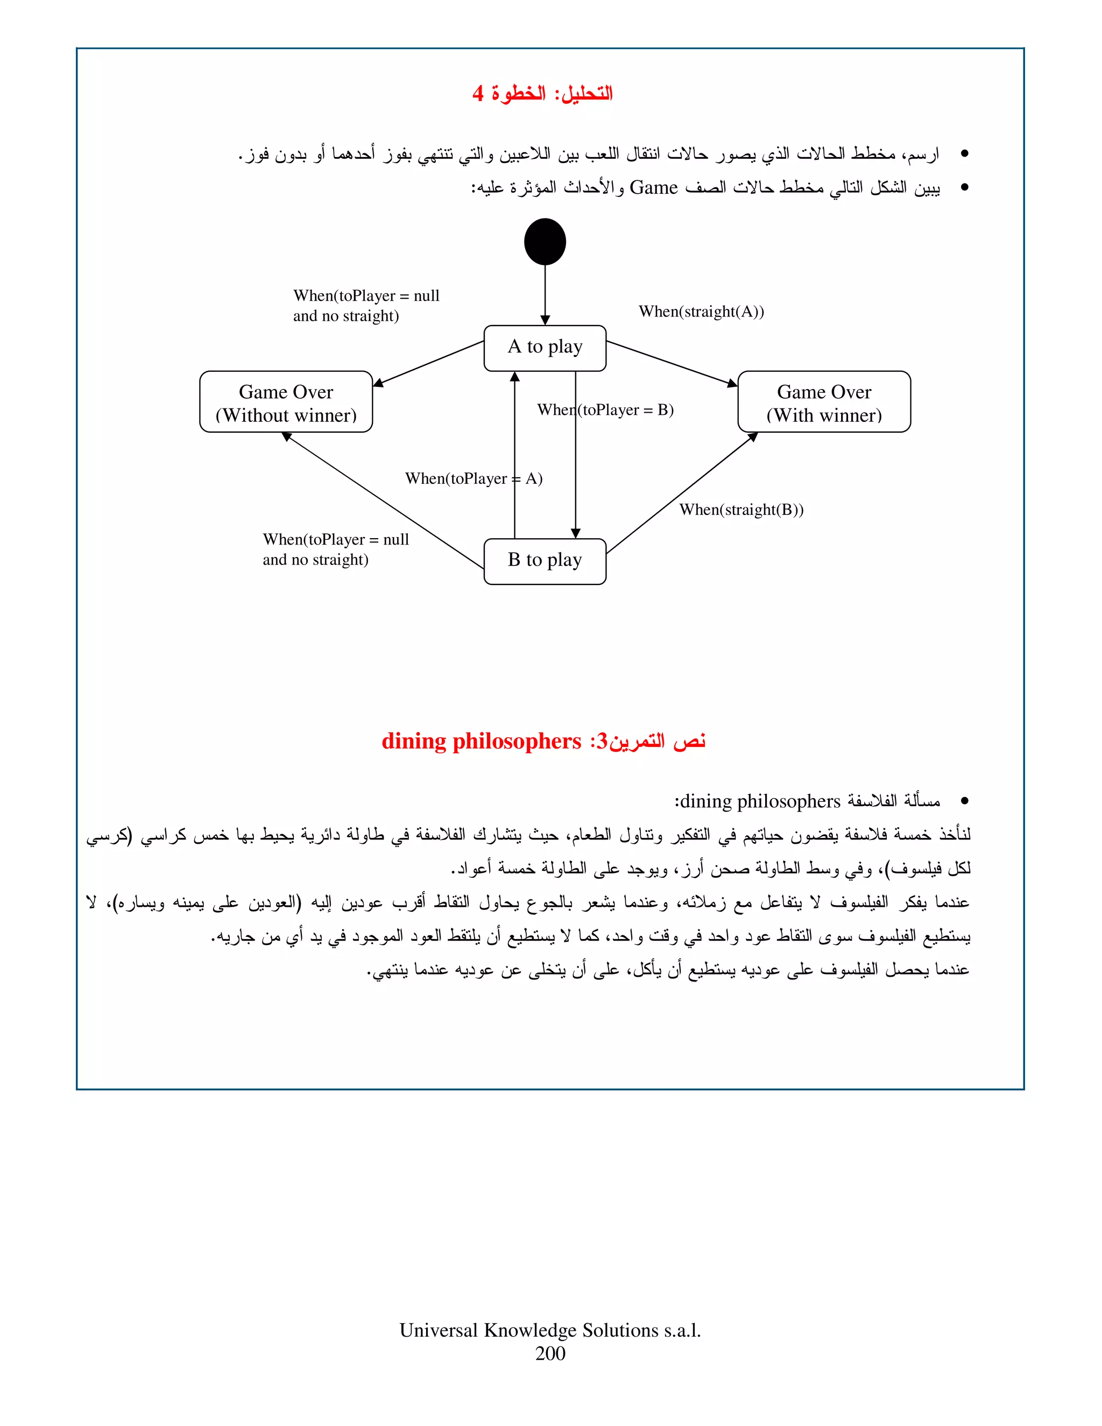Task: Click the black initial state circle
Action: pyautogui.click(x=545, y=242)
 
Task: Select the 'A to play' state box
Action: pyautogui.click(x=545, y=348)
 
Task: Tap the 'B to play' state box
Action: pyautogui.click(x=545, y=561)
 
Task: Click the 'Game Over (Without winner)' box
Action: pyautogui.click(x=286, y=402)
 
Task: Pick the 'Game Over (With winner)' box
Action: pyautogui.click(x=824, y=402)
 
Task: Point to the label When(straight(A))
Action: pyautogui.click(x=701, y=312)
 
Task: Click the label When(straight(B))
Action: pyautogui.click(x=741, y=510)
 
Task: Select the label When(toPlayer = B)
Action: pyautogui.click(x=605, y=410)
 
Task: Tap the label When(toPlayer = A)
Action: pyautogui.click(x=474, y=478)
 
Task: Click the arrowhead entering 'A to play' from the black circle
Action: pyautogui.click(x=545, y=320)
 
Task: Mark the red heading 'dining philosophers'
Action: pyautogui.click(x=481, y=741)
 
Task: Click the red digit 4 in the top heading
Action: pyautogui.click(x=478, y=94)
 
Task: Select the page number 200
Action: pyautogui.click(x=550, y=1353)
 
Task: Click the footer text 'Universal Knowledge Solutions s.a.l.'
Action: pyautogui.click(x=550, y=1330)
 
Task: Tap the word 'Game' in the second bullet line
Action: pyautogui.click(x=653, y=188)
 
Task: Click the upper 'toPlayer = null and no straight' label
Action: pyautogui.click(x=366, y=306)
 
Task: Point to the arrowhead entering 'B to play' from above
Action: pyautogui.click(x=575, y=533)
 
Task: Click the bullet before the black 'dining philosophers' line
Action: pyautogui.click(x=964, y=801)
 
